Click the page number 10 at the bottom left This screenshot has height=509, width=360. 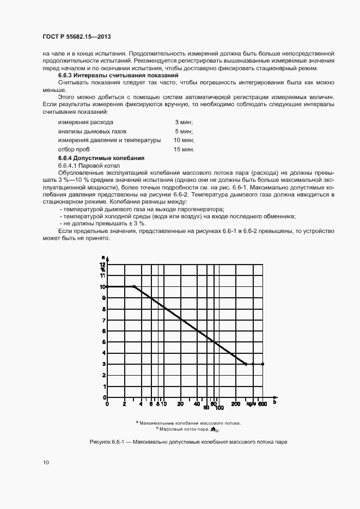point(46,463)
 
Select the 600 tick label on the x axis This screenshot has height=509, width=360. point(262,404)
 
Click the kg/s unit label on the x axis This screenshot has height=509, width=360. point(251,404)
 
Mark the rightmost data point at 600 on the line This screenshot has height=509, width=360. point(263,364)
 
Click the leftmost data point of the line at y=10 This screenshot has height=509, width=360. point(107,286)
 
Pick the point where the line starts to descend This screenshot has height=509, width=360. point(134,286)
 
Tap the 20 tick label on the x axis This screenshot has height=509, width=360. point(180,404)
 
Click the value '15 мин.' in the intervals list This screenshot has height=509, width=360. point(184,149)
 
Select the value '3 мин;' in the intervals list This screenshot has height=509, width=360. point(184,122)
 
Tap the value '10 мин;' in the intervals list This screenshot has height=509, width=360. point(184,140)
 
